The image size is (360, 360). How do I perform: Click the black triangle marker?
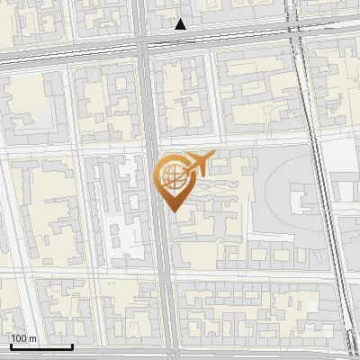tap(181, 24)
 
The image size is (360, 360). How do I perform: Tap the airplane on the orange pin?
tap(197, 163)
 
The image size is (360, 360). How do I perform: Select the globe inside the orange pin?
tap(171, 174)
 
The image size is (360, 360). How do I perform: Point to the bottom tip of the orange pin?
tap(172, 211)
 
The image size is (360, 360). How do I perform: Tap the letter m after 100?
tap(32, 338)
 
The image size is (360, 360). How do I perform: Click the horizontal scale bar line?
tap(40, 346)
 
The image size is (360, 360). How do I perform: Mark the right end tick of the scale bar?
tap(73, 345)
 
